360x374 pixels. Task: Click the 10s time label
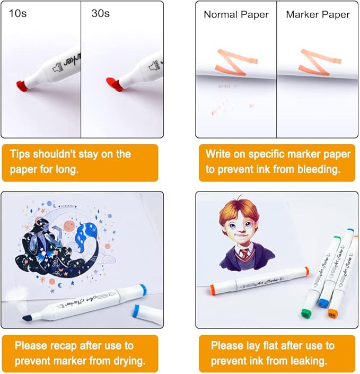click(x=17, y=13)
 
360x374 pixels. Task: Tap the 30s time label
click(x=101, y=13)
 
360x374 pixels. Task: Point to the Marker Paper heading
click(x=318, y=14)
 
